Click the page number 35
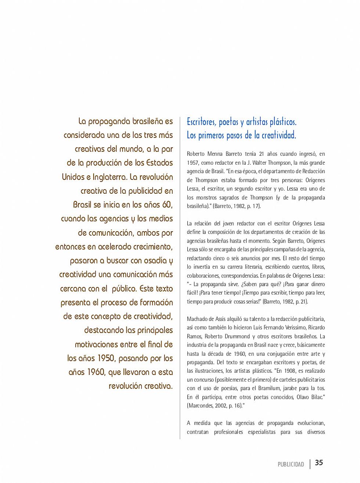point(319,462)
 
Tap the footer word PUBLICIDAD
point(291,464)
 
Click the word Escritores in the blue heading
point(201,122)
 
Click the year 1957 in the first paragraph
point(192,162)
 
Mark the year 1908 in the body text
point(290,371)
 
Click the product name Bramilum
point(269,388)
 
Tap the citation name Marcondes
point(200,405)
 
